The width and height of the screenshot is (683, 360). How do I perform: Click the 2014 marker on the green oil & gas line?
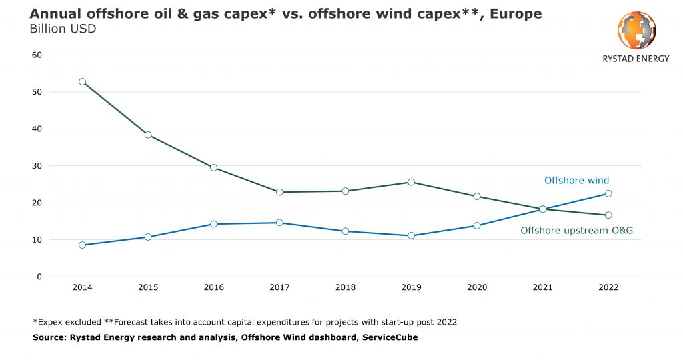coord(82,82)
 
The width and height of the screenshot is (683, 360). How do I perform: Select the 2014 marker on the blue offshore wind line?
coord(82,245)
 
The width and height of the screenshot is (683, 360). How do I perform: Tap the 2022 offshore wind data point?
coord(608,193)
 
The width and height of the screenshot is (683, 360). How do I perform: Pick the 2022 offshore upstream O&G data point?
coord(608,215)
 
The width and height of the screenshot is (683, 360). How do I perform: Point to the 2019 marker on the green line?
coord(411,182)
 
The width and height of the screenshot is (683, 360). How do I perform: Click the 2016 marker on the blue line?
coord(213,224)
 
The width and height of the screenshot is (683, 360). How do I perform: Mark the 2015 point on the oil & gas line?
coord(148,135)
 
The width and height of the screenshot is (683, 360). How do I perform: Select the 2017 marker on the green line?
coord(279,192)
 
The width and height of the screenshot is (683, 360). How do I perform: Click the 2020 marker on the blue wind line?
coord(476,225)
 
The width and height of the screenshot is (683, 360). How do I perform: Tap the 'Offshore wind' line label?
coord(576,181)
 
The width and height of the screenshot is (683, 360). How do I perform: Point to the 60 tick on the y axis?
coord(37,55)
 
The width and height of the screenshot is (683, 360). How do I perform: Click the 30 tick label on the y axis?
coord(37,166)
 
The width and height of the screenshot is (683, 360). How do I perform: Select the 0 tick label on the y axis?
coord(40,277)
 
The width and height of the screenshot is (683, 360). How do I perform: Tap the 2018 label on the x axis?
coord(345,287)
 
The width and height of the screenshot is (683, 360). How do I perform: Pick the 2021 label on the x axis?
coord(542,287)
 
